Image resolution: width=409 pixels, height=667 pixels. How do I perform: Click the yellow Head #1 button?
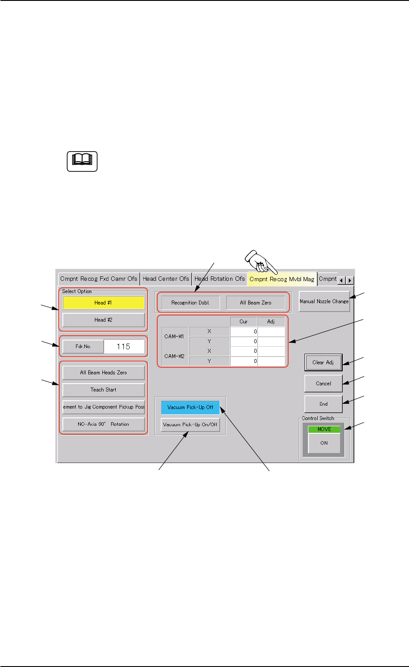103,303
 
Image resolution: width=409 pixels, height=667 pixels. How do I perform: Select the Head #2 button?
103,320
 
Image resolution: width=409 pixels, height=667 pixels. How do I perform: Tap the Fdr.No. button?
83,346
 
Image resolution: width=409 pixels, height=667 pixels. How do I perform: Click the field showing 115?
123,346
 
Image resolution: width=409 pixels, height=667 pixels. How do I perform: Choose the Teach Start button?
103,390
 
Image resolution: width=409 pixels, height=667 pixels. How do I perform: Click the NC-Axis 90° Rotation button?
103,424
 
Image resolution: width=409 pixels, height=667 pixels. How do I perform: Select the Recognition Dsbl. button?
190,303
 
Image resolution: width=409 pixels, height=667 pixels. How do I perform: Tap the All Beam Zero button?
255,303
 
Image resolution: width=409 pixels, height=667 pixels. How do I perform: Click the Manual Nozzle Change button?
324,301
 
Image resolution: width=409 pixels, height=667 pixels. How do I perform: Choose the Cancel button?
323,384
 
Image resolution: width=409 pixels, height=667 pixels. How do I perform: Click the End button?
323,404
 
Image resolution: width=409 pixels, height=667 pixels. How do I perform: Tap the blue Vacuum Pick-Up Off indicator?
190,407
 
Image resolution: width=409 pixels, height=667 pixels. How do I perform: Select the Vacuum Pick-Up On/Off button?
190,424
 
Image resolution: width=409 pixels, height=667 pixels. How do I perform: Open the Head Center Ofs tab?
166,279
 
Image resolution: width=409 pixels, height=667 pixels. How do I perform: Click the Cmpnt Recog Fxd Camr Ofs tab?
99,279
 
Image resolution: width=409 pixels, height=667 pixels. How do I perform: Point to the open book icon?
82,161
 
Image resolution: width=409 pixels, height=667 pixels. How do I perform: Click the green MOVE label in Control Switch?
324,429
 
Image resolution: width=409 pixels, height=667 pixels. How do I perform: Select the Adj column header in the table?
271,322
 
